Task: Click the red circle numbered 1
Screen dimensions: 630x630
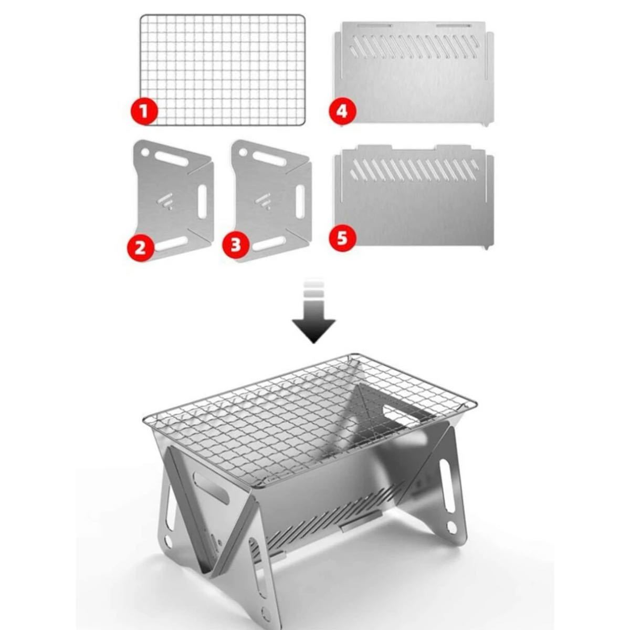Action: (144, 111)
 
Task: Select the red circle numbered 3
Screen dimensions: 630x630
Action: (236, 245)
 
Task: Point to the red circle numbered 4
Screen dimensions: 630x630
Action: (342, 112)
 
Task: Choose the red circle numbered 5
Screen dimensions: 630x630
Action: (342, 238)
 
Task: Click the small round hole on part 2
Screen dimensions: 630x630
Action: (145, 152)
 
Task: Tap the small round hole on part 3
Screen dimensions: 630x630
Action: (243, 152)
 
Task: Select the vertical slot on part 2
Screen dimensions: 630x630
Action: (202, 202)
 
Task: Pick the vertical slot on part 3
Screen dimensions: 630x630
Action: (300, 202)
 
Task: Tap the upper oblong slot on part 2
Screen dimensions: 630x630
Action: (171, 159)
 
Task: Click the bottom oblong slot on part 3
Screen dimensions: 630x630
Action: (269, 243)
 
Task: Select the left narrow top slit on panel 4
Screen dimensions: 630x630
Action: (374, 26)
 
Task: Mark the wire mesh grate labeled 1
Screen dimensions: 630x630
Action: (223, 70)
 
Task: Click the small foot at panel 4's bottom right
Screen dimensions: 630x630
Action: (487, 124)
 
